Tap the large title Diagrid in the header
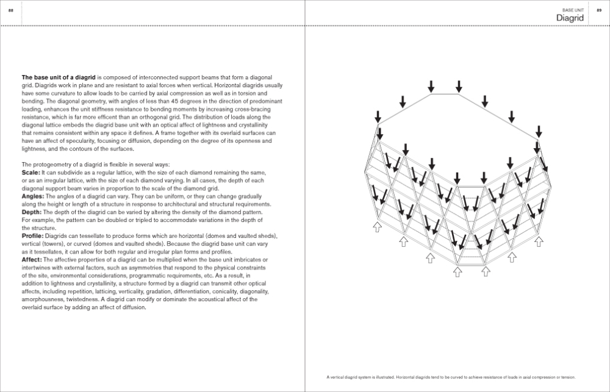(x=570, y=18)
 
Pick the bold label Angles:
(x=33, y=196)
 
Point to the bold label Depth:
(x=32, y=212)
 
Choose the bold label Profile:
(x=33, y=235)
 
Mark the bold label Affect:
(x=32, y=259)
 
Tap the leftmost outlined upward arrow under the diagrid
(x=376, y=227)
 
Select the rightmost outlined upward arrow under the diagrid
(x=539, y=241)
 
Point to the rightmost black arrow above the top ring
(x=539, y=130)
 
